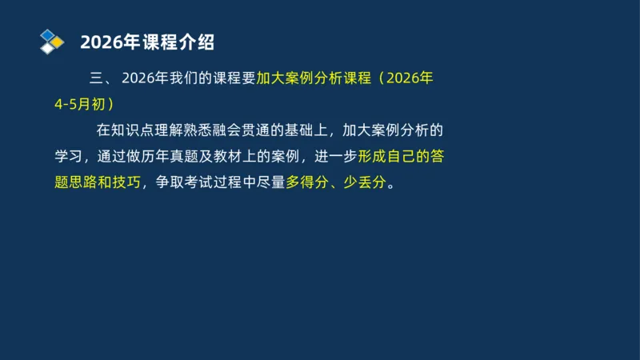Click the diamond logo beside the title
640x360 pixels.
(x=52, y=42)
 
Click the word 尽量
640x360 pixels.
(x=269, y=182)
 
